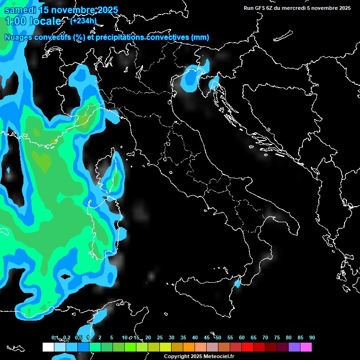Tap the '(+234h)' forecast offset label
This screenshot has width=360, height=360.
(83, 21)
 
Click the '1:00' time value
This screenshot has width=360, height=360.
(15, 22)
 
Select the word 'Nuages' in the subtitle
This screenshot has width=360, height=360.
(18, 37)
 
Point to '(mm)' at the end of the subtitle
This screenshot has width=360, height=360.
(200, 37)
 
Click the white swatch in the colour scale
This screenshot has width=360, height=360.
(48, 347)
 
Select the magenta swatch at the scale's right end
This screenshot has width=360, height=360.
(306, 347)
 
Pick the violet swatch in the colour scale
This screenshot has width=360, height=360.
(294, 347)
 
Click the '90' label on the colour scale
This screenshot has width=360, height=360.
(312, 337)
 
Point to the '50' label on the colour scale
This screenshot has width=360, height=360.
(218, 337)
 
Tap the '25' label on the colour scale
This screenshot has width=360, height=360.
(160, 337)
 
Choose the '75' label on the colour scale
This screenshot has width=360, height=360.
(277, 337)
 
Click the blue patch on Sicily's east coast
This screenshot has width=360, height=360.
(238, 283)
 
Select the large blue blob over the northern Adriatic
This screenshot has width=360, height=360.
(191, 78)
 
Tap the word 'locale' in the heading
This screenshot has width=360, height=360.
(46, 22)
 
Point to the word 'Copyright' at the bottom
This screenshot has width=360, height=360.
(176, 356)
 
